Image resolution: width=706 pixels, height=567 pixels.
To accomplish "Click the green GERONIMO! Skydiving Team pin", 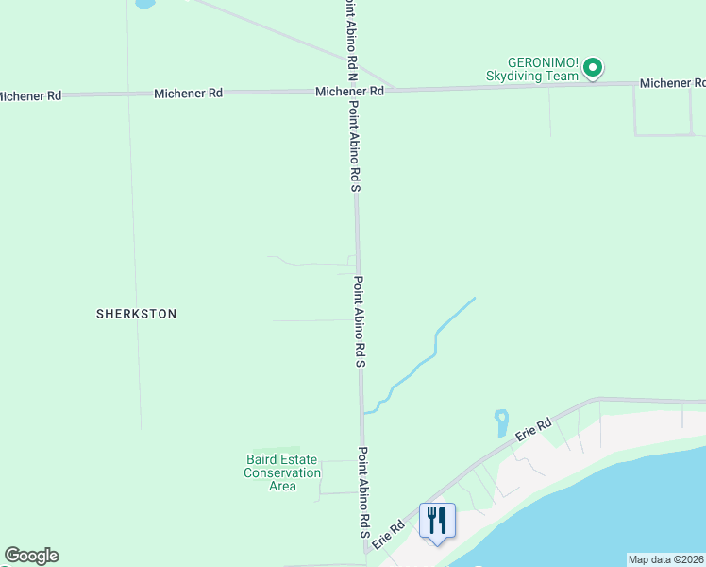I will (x=592, y=67).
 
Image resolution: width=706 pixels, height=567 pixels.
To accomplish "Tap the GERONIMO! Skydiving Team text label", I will (x=531, y=68).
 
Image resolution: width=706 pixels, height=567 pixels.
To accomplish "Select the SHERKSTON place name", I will (x=137, y=313).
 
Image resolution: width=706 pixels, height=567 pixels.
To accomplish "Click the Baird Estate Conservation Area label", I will (x=282, y=472).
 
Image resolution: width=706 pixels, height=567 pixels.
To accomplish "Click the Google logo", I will (x=31, y=556).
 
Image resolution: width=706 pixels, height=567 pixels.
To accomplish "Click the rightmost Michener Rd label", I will (x=672, y=83).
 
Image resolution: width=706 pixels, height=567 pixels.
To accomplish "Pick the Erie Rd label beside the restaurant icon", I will (x=387, y=535).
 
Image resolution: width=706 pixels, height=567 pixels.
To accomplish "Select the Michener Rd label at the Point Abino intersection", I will (x=349, y=92).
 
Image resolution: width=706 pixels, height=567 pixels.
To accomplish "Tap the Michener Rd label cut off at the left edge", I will (x=28, y=95).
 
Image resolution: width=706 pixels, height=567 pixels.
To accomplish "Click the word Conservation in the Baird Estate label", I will (x=282, y=472).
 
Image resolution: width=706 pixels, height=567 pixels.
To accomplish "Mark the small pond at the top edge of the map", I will (x=144, y=4).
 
